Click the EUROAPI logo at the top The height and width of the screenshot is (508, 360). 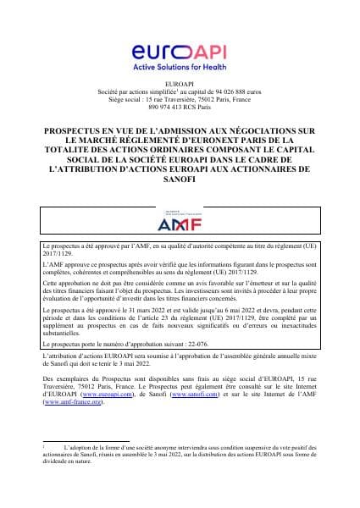coord(180,53)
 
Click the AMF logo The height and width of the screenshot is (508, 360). coord(180,224)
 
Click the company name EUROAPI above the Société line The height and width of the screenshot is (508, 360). coord(180,84)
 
